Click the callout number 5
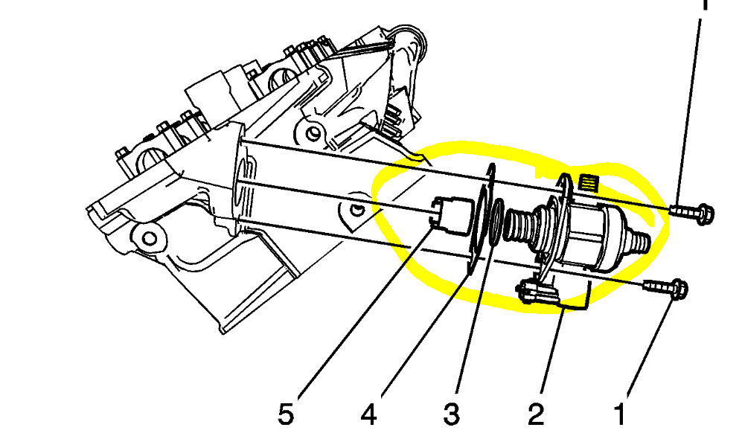286,414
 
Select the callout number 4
369,414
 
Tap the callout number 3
452,414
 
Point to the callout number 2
537,414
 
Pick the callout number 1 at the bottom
620,414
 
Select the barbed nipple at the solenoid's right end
642,240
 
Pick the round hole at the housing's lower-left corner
148,239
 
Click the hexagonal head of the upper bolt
706,214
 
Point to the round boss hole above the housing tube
313,134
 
